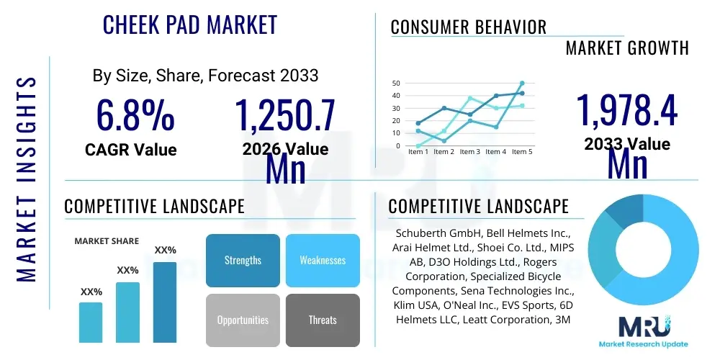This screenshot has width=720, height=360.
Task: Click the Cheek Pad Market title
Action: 190,24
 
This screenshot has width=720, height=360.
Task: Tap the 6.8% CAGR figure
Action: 135,115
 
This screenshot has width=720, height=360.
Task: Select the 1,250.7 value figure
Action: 285,115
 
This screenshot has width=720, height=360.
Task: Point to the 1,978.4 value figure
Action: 626,112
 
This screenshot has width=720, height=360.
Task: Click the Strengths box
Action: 243,260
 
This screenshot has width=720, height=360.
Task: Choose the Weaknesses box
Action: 323,260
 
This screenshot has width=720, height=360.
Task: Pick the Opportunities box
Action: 243,320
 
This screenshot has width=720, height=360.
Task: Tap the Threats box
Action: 323,320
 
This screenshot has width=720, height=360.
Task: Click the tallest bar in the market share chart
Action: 165,302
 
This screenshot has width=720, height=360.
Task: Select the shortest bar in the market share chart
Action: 91,322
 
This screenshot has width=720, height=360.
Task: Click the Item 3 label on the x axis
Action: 469,152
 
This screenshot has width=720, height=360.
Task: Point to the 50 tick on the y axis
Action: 395,84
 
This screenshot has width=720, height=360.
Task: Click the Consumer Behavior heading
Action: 468,27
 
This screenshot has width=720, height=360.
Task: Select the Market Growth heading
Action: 627,48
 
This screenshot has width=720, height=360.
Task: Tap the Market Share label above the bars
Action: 107,241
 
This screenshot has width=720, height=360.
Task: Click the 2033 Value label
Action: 626,144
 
